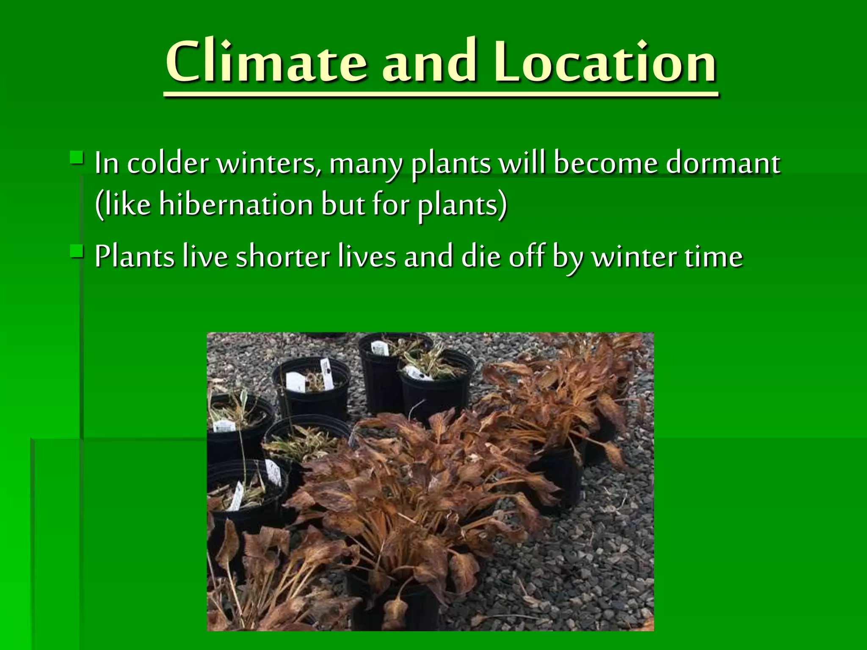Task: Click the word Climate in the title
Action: tap(266, 62)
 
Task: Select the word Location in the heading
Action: tap(605, 62)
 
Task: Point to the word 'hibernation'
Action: tap(236, 204)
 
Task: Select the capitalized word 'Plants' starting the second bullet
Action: tap(134, 256)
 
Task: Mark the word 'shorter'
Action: tap(283, 256)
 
